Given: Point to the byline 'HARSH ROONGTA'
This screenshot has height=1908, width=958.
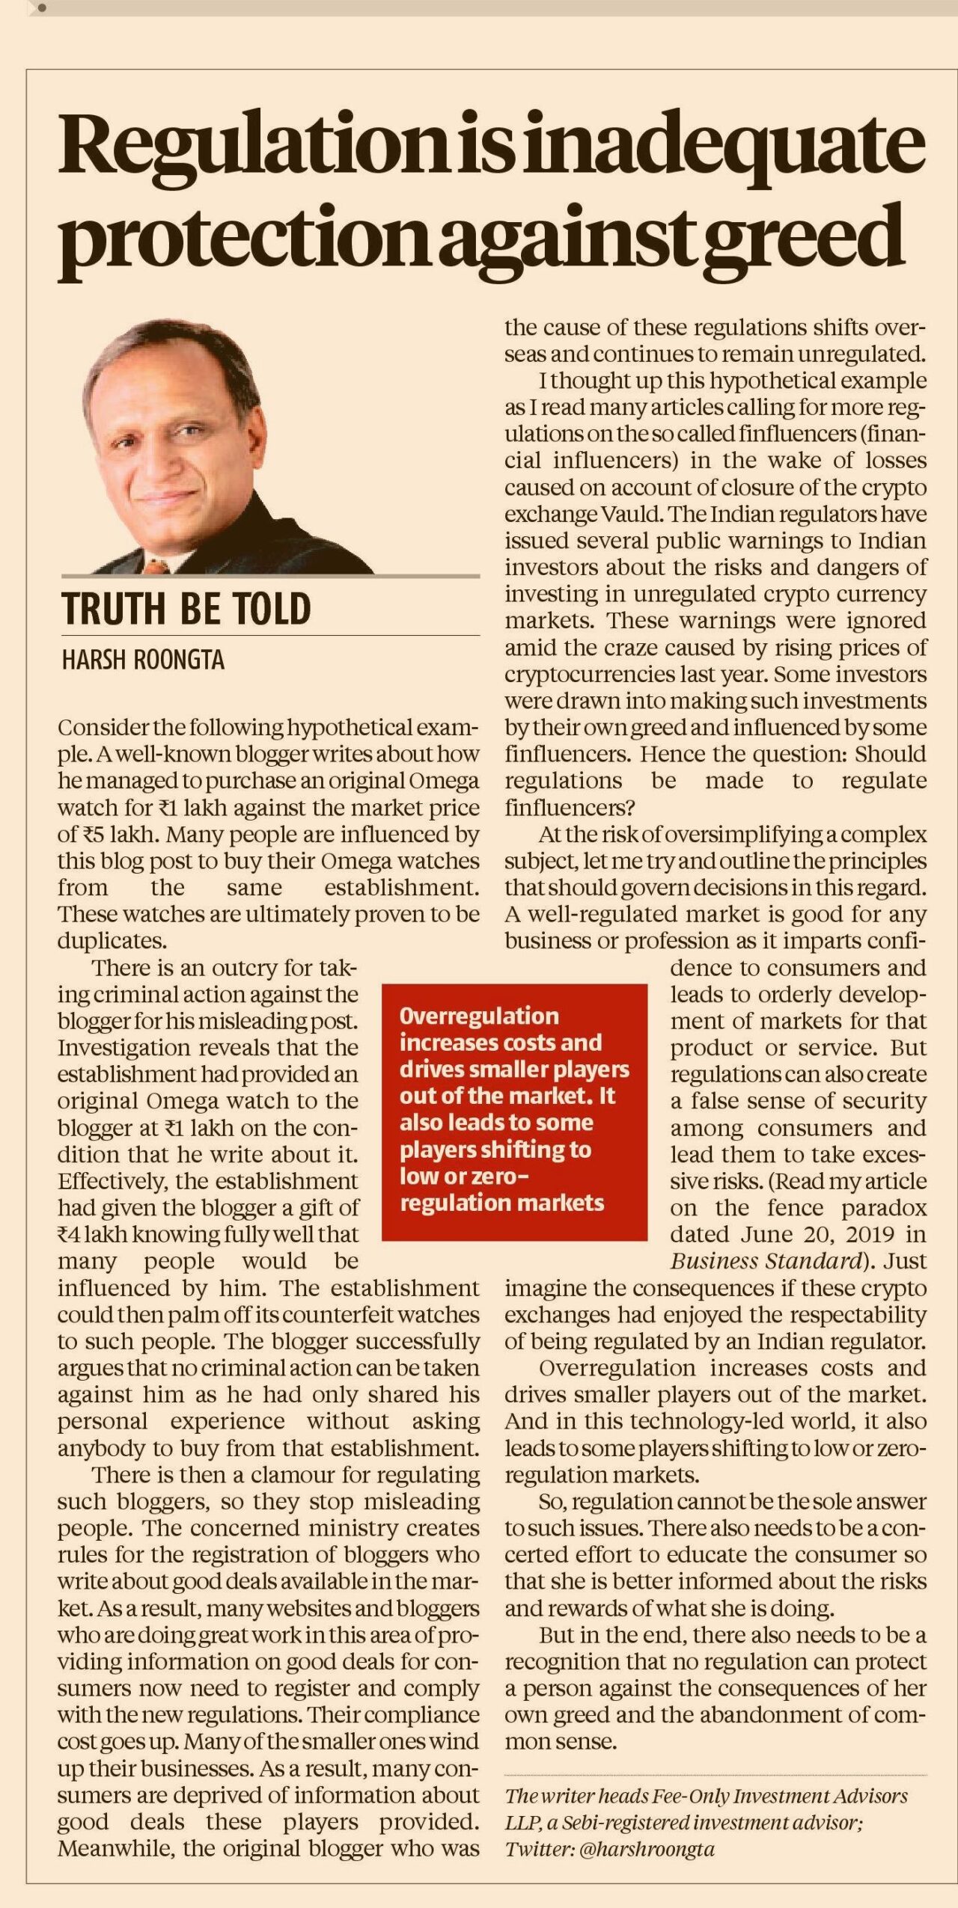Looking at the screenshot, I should (143, 660).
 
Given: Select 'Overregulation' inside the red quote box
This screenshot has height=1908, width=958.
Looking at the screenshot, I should (479, 1016).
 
